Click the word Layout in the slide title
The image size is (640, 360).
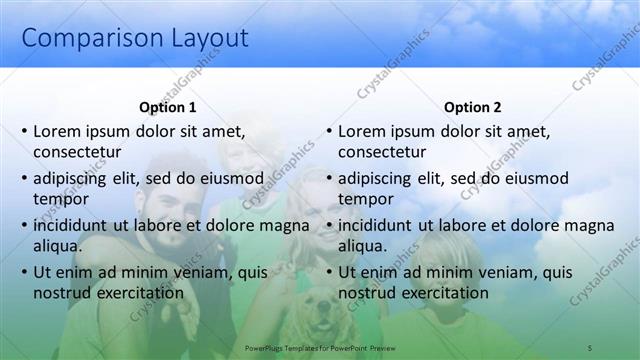[x=200, y=39]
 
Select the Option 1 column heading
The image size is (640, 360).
[x=168, y=108]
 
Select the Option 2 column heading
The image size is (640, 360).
[x=473, y=108]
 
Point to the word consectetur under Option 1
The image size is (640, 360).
[x=77, y=152]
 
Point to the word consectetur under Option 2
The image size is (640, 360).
[x=382, y=152]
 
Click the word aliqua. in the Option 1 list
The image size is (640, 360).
[x=57, y=246]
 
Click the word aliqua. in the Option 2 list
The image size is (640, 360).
[x=362, y=246]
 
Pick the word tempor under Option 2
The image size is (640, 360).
[x=366, y=199]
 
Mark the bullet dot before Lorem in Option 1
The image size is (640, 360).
[x=24, y=131]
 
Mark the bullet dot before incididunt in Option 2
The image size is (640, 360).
[x=329, y=225]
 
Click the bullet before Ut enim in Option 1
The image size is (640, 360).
[x=24, y=272]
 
